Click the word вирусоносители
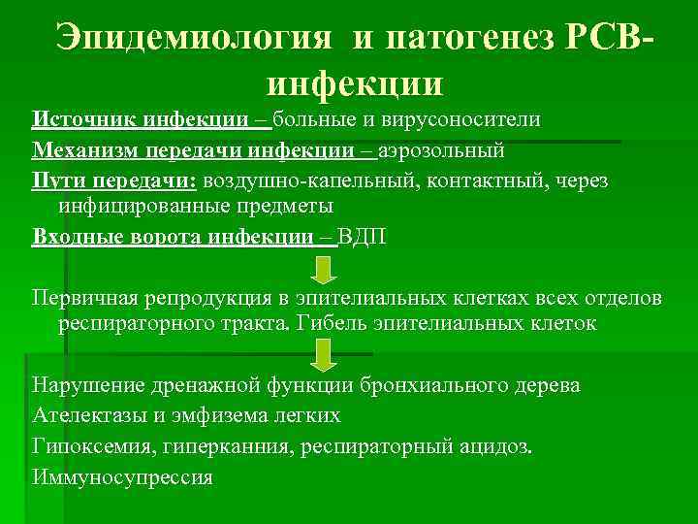click(463, 119)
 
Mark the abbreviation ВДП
click(362, 238)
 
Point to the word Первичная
click(87, 295)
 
